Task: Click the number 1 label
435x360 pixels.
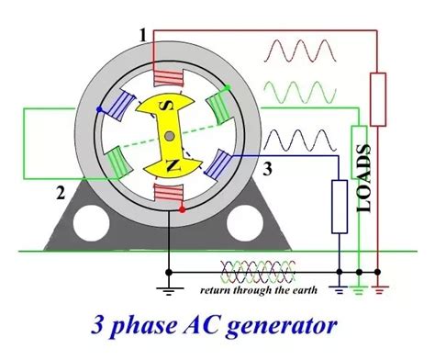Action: [142, 35]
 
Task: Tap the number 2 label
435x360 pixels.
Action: [60, 192]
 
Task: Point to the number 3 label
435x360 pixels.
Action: [267, 168]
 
